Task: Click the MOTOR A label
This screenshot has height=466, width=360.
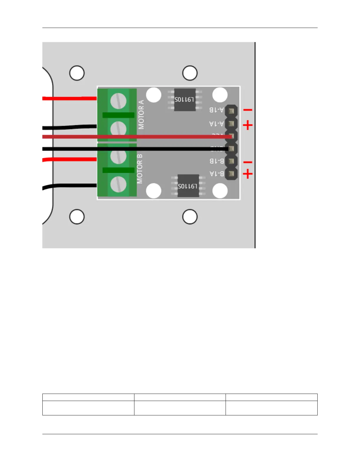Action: [141, 114]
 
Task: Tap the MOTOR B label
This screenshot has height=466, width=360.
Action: [140, 169]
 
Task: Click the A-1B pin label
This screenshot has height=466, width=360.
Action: [216, 110]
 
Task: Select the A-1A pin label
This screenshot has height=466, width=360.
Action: [216, 124]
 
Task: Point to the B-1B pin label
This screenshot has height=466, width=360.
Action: [217, 161]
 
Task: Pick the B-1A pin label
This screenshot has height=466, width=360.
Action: [217, 174]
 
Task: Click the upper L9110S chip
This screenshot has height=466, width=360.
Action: [185, 100]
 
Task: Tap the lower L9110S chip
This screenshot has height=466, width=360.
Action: [188, 186]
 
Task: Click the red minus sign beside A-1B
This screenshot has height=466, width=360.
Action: [248, 110]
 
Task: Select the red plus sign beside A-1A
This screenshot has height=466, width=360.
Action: [248, 126]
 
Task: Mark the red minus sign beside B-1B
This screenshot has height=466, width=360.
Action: [248, 162]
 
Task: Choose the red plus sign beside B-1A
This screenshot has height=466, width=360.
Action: [248, 174]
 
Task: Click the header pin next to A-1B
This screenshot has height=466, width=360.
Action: [231, 111]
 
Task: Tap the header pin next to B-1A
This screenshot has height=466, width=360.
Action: [231, 174]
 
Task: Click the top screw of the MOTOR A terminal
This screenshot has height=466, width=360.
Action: [118, 101]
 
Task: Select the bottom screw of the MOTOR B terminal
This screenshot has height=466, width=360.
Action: [118, 184]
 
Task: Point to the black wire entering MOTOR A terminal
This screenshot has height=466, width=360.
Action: [71, 127]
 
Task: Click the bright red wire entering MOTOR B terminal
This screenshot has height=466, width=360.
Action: [71, 159]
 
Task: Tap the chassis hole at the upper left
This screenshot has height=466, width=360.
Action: [77, 73]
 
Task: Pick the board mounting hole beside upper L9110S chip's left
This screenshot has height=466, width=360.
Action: [154, 95]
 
